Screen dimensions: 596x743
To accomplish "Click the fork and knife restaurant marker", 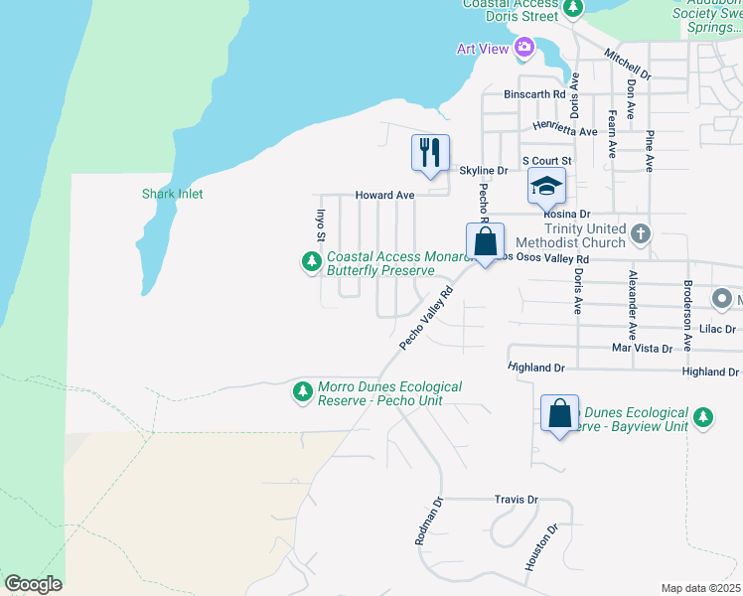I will (430, 153).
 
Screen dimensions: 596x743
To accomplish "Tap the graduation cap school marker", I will (545, 185).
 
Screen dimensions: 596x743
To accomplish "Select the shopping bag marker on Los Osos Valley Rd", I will (485, 241).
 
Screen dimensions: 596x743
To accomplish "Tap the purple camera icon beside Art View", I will (524, 47).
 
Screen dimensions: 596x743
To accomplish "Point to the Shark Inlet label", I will (172, 195).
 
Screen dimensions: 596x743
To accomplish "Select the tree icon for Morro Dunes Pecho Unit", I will (302, 392).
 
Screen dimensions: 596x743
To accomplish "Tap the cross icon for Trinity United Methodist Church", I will (641, 233).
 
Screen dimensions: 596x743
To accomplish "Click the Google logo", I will (33, 584).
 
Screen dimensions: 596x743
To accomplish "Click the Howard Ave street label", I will (385, 196).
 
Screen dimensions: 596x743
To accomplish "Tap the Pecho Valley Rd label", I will (426, 318).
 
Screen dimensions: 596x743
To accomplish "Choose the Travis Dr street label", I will (516, 500).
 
